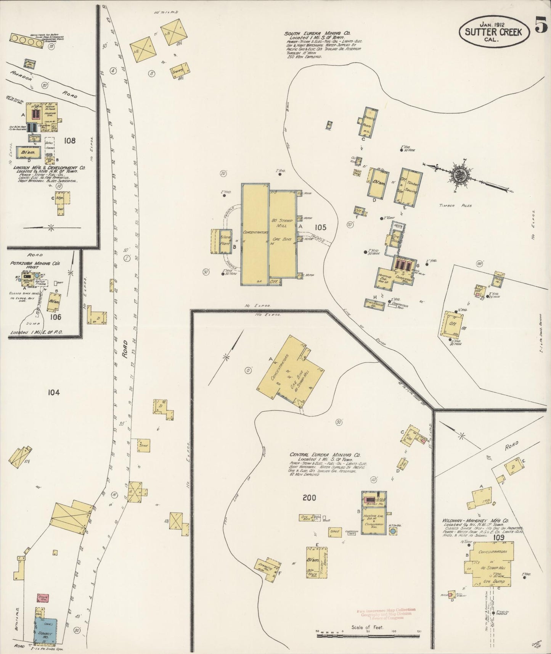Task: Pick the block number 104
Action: [x=54, y=392]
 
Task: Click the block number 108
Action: [x=70, y=140]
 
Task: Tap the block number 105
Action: [x=320, y=227]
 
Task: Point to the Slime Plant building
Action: [x=220, y=241]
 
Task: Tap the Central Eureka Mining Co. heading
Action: [x=325, y=455]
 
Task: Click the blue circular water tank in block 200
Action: [x=393, y=531]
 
